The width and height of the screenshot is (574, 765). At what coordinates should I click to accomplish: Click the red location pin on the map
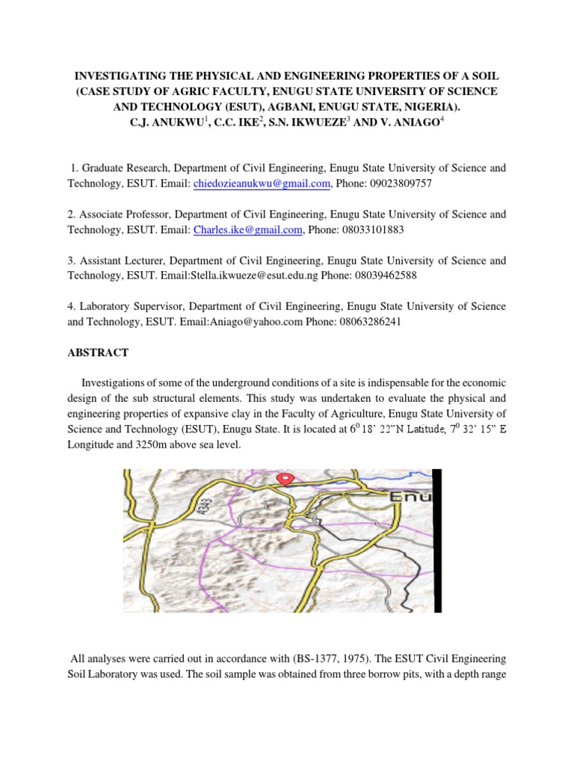point(285,477)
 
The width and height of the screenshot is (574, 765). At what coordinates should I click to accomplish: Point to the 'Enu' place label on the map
point(410,497)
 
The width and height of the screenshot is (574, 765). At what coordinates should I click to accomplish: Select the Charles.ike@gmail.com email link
point(248,230)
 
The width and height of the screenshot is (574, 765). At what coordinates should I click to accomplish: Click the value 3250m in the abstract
point(149,445)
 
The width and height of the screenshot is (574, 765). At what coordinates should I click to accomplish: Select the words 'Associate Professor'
point(125,214)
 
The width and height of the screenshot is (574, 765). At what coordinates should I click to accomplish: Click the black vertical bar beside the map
point(438,542)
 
